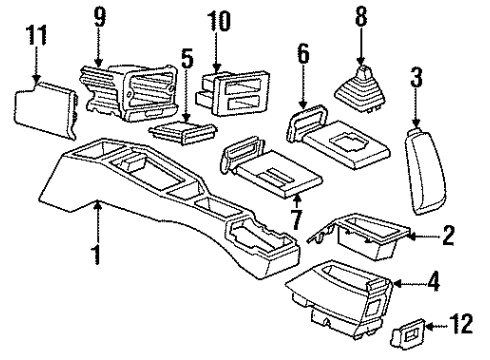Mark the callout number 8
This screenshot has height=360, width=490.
coord(361,16)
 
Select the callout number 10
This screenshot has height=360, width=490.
coord(218,21)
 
